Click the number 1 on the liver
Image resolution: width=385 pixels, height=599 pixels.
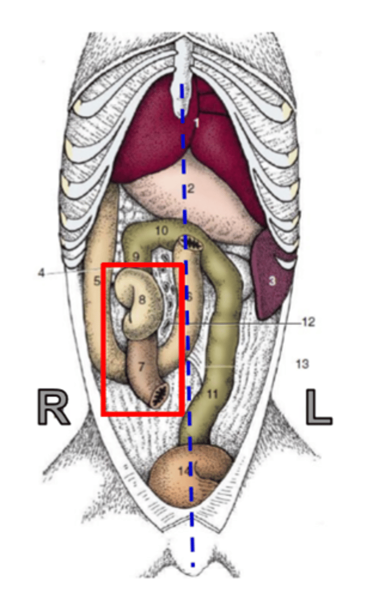pos(196,122)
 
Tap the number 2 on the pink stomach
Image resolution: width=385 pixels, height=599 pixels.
pos(191,189)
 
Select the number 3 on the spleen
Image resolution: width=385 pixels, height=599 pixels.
pos(272,282)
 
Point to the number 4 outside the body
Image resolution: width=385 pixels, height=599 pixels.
pos(41,273)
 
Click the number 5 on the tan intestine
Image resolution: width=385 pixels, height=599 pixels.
pos(97,281)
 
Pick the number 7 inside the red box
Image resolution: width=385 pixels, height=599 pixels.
pos(141,367)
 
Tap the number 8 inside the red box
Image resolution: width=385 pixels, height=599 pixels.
pos(142,300)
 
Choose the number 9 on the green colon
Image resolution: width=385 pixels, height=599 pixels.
pos(136,256)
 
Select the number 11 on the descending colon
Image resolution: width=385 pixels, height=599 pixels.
pos(213,394)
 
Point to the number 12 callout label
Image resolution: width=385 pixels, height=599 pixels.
pos(308,322)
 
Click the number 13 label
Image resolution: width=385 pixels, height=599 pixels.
pos(302,364)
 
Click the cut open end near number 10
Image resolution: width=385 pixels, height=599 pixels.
pos(191,244)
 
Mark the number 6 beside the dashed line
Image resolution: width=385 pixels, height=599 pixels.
pos(189,296)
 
